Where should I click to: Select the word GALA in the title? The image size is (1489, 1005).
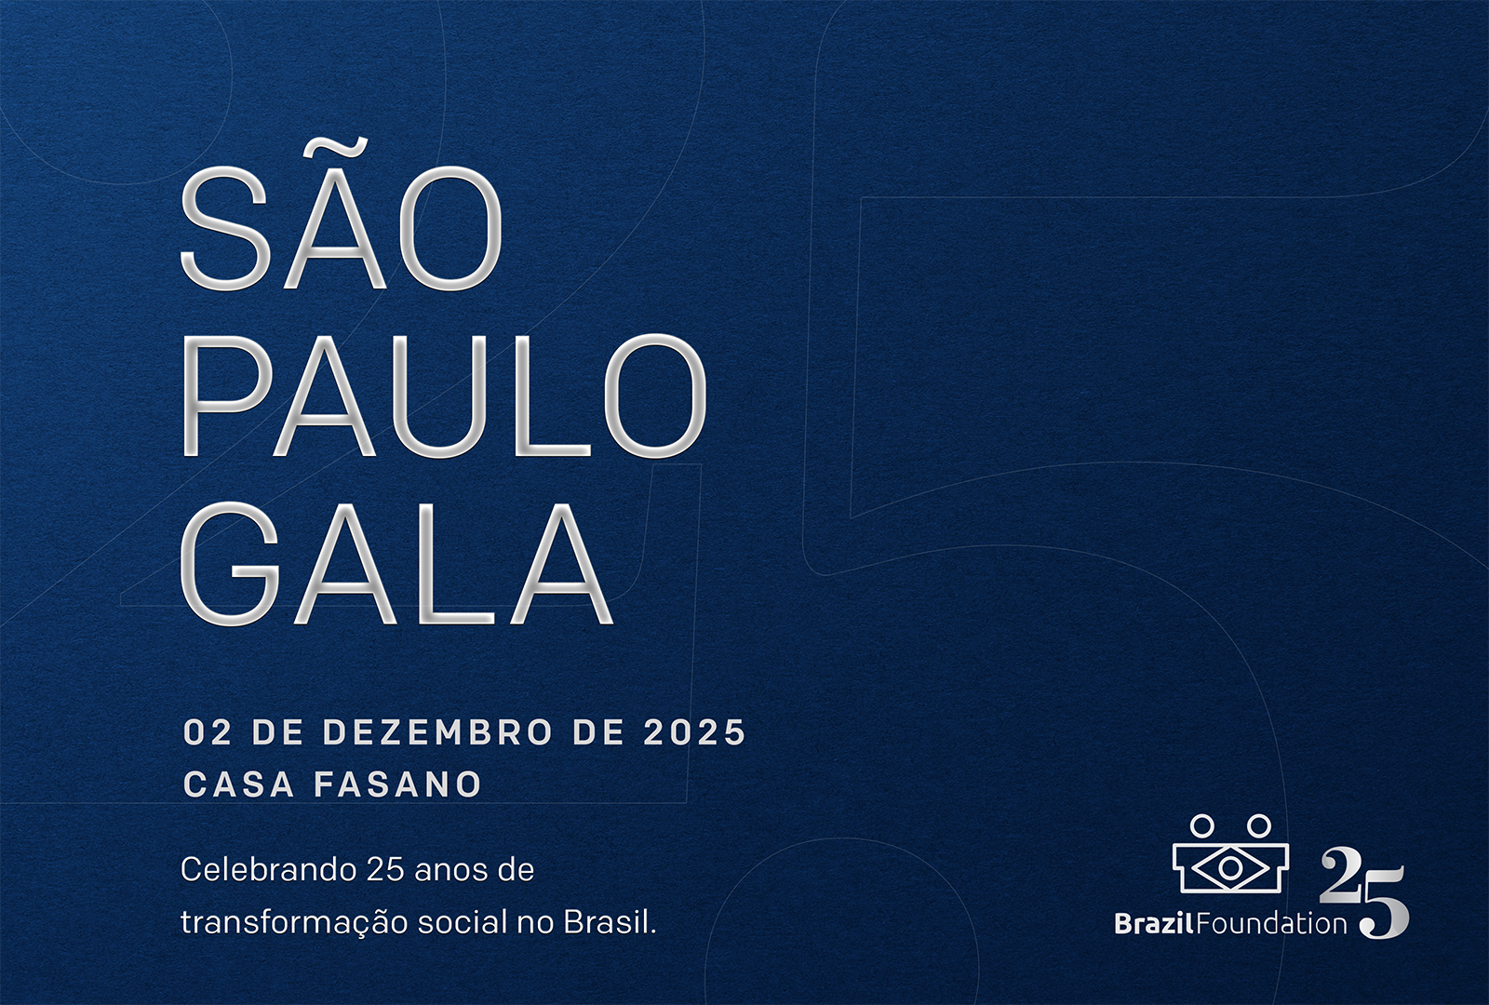(396, 564)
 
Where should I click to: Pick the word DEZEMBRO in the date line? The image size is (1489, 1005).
(437, 732)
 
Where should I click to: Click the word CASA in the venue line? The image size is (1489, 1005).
(238, 784)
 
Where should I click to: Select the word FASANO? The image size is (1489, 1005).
(397, 784)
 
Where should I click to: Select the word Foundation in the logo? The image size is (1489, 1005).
(1270, 924)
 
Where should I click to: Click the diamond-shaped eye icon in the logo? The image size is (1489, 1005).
(1229, 866)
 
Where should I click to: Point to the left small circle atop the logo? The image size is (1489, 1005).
(1201, 826)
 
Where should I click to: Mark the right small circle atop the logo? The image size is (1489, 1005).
(1258, 826)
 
